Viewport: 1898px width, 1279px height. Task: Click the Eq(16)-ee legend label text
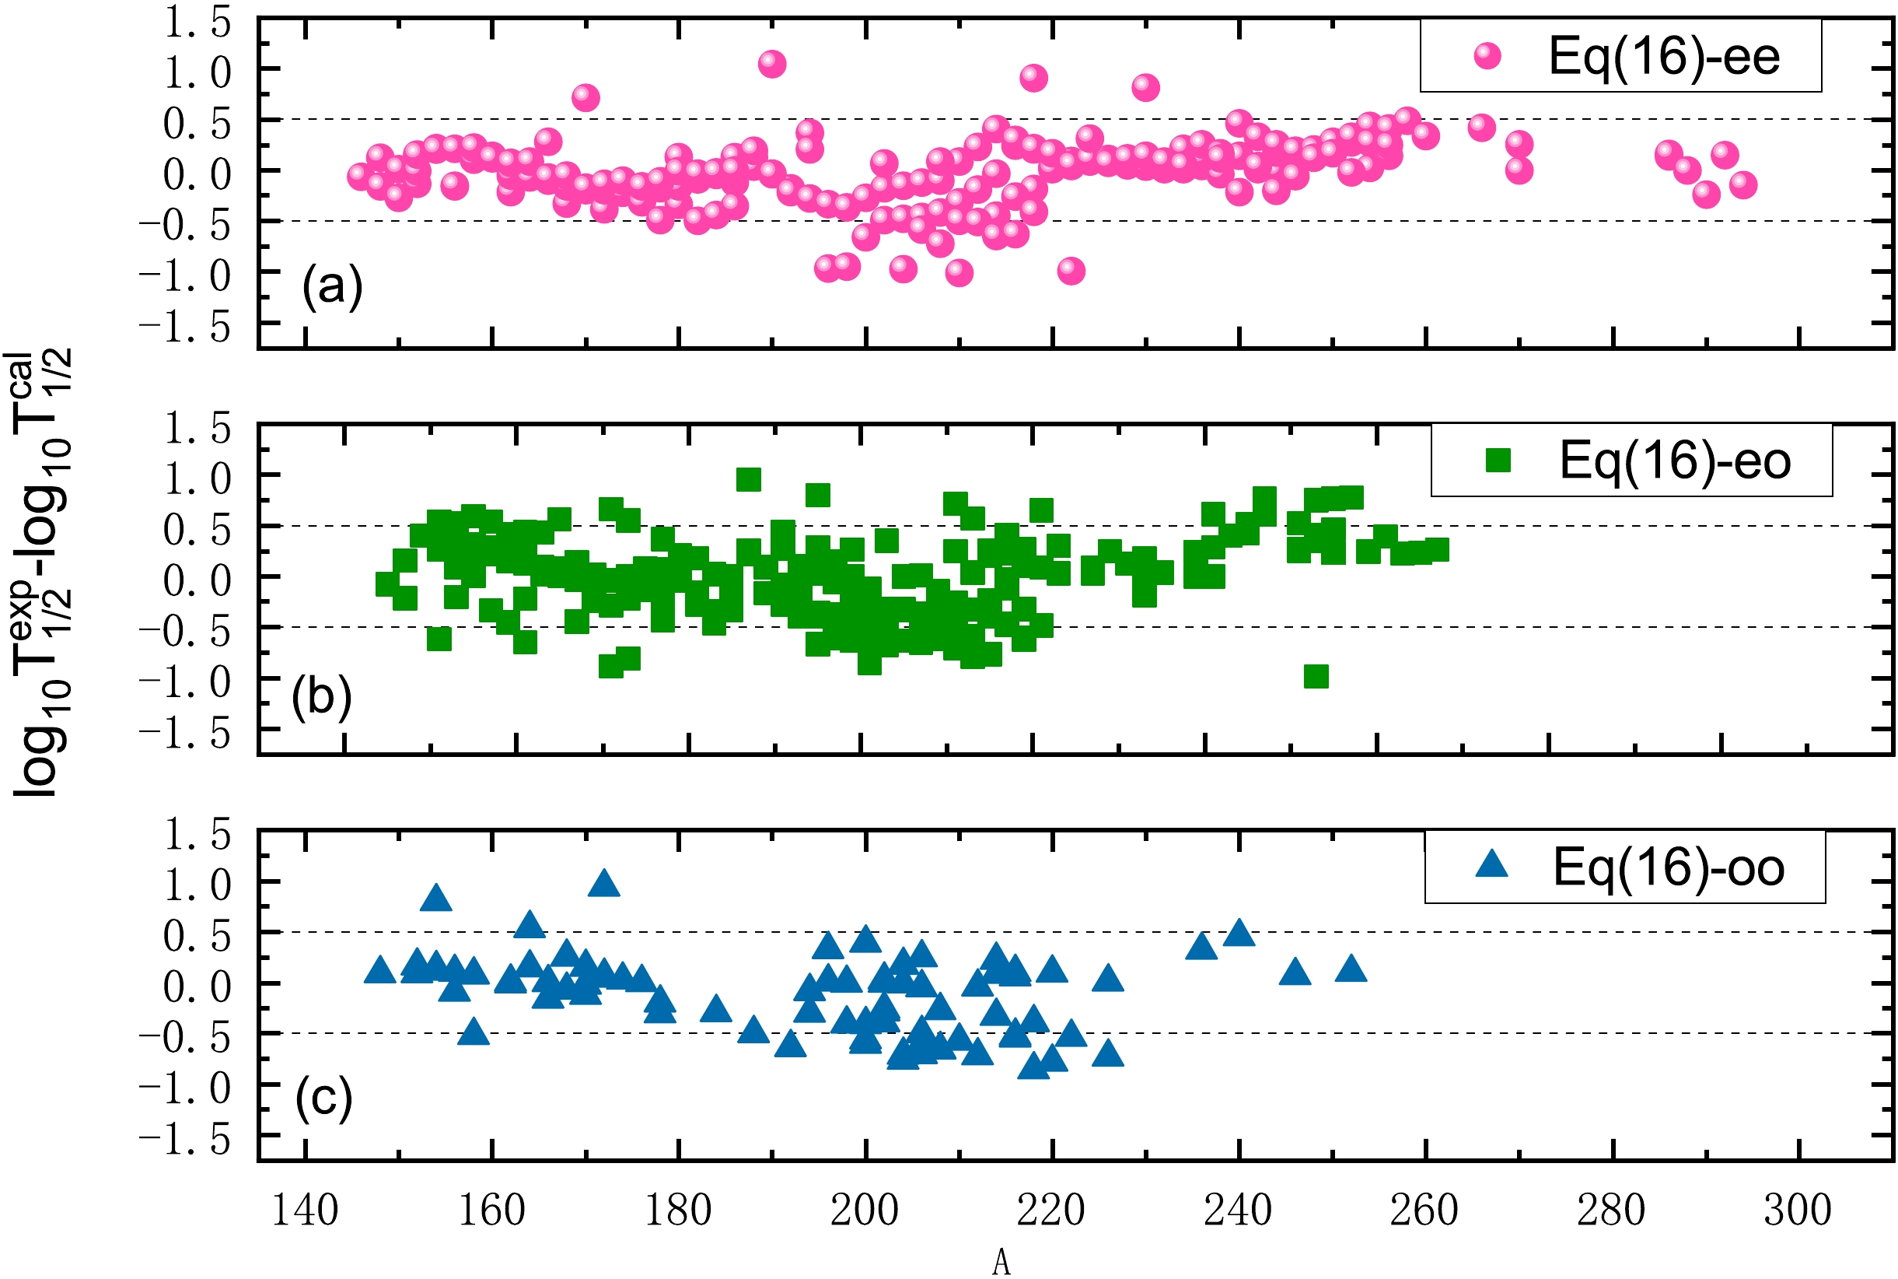coord(1663,57)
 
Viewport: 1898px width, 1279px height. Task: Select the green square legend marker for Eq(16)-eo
coord(1498,460)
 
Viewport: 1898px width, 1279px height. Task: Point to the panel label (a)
coord(332,286)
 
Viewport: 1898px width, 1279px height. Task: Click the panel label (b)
coord(321,697)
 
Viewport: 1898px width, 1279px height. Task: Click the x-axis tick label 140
coord(304,1211)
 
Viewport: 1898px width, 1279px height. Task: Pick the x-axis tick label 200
coord(864,1211)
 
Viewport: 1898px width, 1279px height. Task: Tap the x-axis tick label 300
coord(1798,1211)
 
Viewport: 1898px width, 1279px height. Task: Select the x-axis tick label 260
coord(1424,1211)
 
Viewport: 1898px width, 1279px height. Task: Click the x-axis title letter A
coord(1001,1263)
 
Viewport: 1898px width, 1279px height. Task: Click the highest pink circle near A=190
coord(771,64)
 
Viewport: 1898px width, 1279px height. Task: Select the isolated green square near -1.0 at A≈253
coord(1316,676)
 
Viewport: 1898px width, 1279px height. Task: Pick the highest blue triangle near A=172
coord(603,882)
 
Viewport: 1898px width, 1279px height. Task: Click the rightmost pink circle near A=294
coord(1743,185)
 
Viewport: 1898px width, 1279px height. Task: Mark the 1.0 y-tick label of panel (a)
coord(197,73)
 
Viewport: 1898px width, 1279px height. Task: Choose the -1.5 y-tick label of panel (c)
coord(186,1139)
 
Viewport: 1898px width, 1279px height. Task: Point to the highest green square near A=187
coord(749,479)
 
